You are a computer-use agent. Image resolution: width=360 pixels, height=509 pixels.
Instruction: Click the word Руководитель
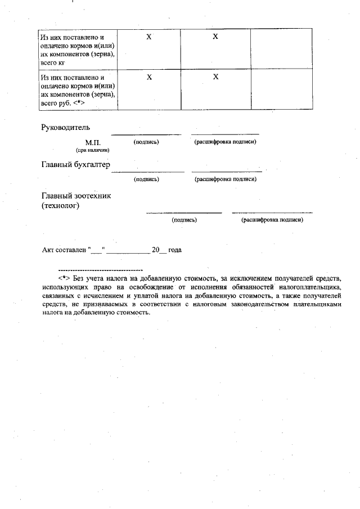[x=66, y=127]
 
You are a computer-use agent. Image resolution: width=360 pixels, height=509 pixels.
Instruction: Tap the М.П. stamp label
[x=93, y=143]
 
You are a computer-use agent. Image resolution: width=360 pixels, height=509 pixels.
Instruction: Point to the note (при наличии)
[x=93, y=150]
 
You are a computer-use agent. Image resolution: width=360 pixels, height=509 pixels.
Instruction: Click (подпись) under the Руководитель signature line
[x=146, y=142]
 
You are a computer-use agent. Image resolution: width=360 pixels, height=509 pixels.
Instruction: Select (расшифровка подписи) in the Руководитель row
[x=225, y=142]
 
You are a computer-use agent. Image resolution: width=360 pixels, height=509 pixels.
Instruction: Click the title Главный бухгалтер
[x=76, y=165]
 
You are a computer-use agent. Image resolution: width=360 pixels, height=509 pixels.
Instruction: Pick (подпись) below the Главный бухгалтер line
[x=146, y=179]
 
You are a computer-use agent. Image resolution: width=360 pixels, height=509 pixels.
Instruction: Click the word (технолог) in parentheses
[x=60, y=206]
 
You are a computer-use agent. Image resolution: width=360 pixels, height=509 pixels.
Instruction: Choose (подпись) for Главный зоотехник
[x=184, y=220]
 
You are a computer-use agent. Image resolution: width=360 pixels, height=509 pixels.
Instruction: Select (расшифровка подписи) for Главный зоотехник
[x=272, y=220]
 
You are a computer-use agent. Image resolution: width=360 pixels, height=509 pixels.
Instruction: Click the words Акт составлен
[x=62, y=250]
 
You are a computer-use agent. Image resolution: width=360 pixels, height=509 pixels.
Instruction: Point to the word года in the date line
[x=174, y=250]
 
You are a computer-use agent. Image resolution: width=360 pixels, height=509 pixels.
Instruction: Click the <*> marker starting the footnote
[x=64, y=278]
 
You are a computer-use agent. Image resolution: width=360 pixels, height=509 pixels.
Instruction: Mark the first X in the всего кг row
[x=149, y=37]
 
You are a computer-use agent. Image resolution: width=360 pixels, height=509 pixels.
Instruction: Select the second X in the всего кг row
[x=215, y=37]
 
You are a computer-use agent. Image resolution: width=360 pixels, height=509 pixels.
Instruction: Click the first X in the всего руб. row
[x=149, y=76]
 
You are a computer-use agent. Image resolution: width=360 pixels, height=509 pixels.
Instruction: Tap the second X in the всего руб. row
[x=215, y=76]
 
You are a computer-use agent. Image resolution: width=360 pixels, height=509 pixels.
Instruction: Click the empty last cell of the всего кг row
[x=281, y=48]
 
